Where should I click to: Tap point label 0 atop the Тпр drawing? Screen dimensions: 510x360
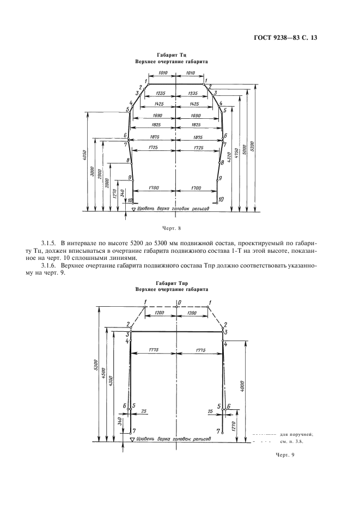pyautogui.click(x=177, y=302)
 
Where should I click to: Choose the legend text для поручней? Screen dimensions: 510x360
pyautogui.click(x=296, y=434)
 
